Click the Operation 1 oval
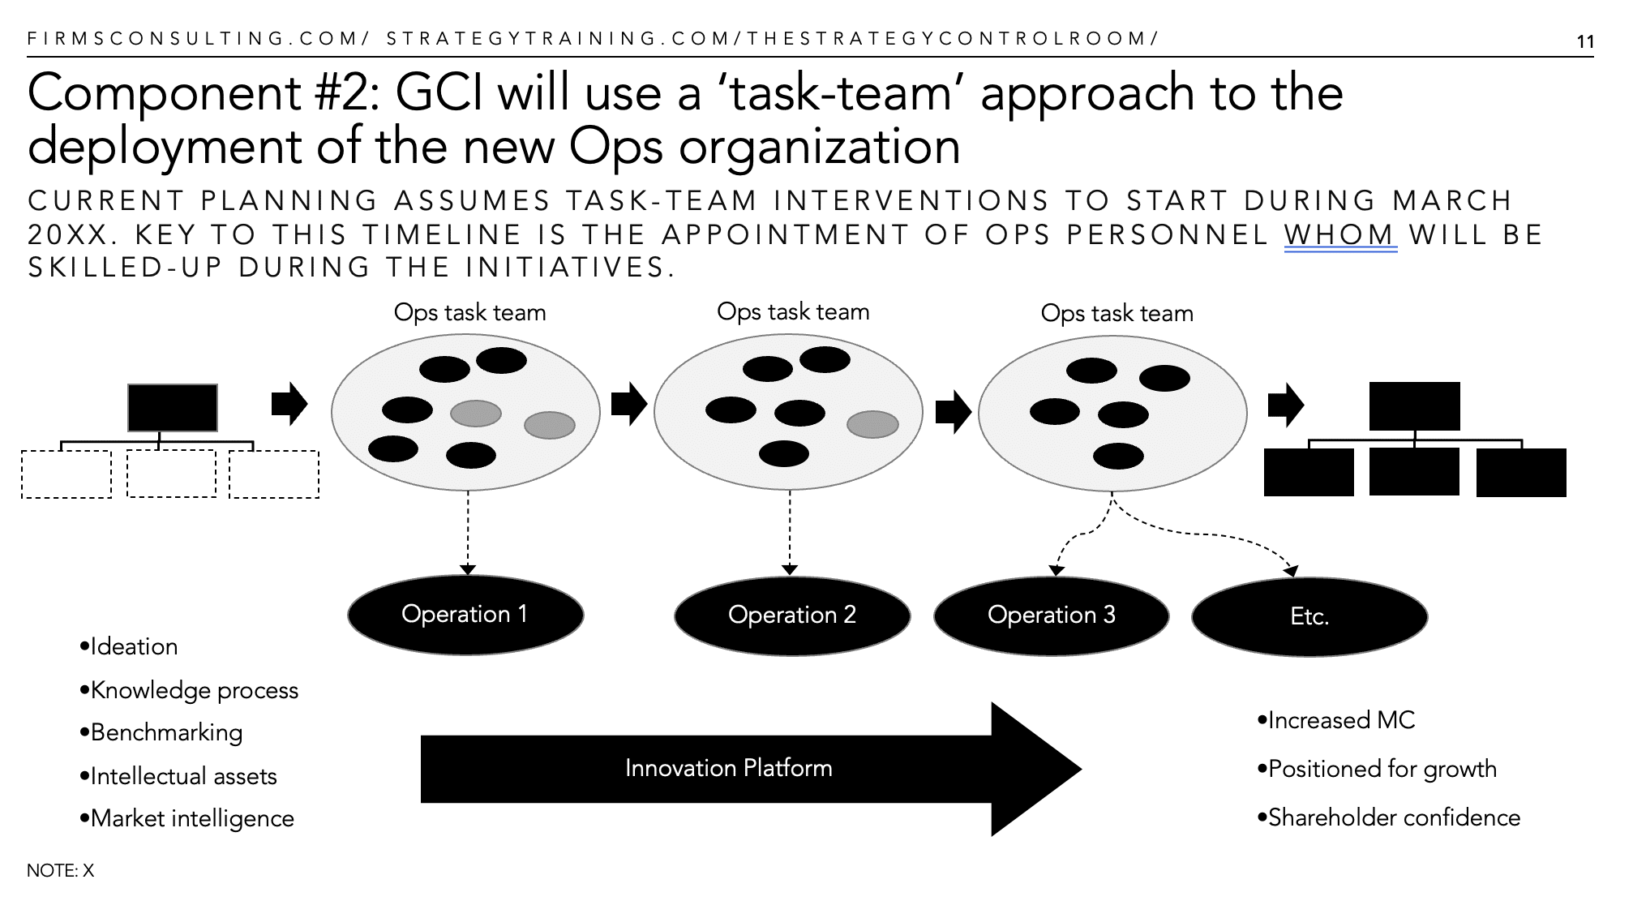pos(465,615)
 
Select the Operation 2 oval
pos(792,616)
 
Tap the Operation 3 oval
pos(1052,616)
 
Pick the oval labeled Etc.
pos(1309,617)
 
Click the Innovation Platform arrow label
pos(728,768)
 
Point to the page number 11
pos(1585,42)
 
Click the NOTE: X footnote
pos(61,871)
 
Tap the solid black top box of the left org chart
pos(173,408)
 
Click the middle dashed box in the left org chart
pos(172,474)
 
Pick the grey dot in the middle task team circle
pos(872,424)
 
